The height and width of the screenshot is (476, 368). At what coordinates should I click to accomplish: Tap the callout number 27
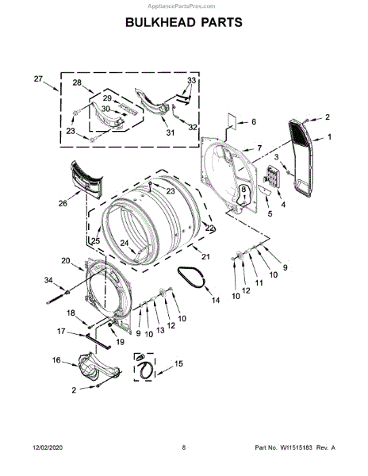(38, 79)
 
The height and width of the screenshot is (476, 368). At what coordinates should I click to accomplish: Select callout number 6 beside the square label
(253, 121)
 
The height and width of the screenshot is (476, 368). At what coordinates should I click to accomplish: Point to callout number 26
(63, 203)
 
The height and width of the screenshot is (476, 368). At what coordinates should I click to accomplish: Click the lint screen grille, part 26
(86, 180)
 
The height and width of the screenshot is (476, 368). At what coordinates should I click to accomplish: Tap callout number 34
(48, 280)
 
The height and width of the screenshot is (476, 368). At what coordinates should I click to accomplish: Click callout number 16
(56, 360)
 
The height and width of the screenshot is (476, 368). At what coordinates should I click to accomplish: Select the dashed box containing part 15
(144, 367)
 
